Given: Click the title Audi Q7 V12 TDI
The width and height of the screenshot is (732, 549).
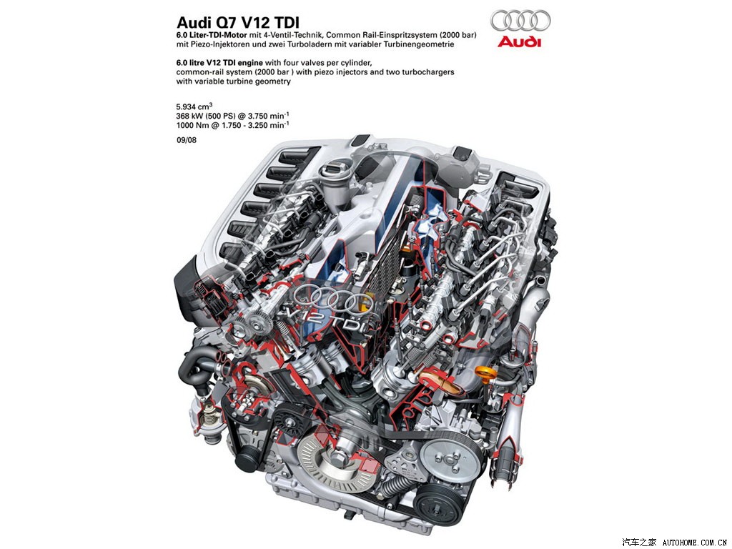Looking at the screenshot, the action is click(x=238, y=22).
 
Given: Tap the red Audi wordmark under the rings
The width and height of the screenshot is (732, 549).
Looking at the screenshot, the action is click(x=520, y=42).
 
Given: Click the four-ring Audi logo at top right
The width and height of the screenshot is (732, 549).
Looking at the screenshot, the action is click(x=520, y=21).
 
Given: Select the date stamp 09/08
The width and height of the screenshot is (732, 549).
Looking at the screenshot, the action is click(x=187, y=139).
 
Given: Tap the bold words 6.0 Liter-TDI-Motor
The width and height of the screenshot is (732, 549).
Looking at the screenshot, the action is click(x=212, y=34).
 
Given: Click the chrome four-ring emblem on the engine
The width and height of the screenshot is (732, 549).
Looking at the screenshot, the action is click(x=333, y=299).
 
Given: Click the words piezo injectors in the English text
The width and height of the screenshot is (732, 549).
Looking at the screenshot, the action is click(x=335, y=72).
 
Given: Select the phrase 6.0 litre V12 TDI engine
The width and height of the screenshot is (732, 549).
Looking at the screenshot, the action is click(x=219, y=62).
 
